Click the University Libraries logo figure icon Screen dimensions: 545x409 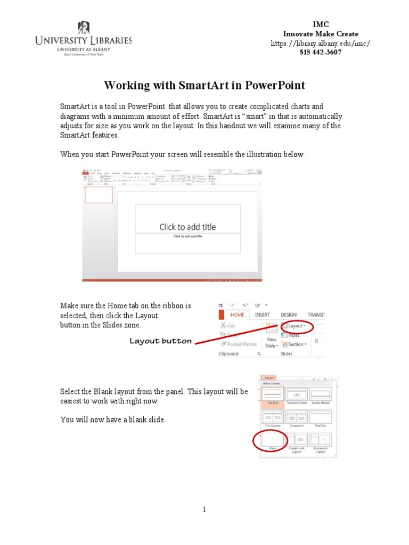(x=84, y=27)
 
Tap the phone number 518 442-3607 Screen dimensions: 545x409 (x=320, y=52)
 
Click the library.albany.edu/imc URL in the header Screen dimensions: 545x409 (x=320, y=43)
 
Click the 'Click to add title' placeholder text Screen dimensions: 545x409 (x=187, y=227)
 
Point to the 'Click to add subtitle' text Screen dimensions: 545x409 (x=187, y=236)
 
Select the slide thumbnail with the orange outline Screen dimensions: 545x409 (x=99, y=195)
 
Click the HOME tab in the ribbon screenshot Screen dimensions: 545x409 (x=237, y=315)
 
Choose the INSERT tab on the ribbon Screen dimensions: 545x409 (x=262, y=315)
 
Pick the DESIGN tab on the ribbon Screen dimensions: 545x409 (x=289, y=315)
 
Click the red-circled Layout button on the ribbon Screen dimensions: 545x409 (x=296, y=326)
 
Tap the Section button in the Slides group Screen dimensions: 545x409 (x=297, y=344)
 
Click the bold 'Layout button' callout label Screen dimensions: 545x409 (x=160, y=341)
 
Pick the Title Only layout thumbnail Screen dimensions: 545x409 (x=321, y=416)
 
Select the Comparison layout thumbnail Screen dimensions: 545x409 (x=297, y=416)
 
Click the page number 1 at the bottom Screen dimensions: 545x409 (x=204, y=510)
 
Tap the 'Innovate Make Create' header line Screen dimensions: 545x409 (x=321, y=34)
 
